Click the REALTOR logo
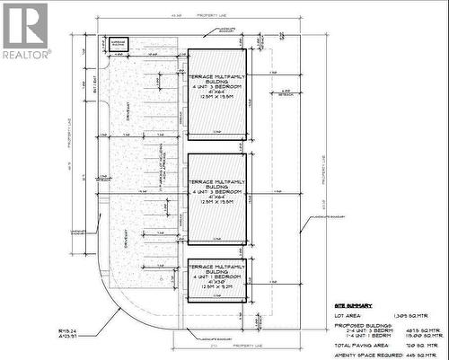tap(25, 31)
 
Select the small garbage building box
tap(119, 43)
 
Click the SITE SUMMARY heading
tap(350, 304)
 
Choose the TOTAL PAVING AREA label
tap(358, 344)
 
